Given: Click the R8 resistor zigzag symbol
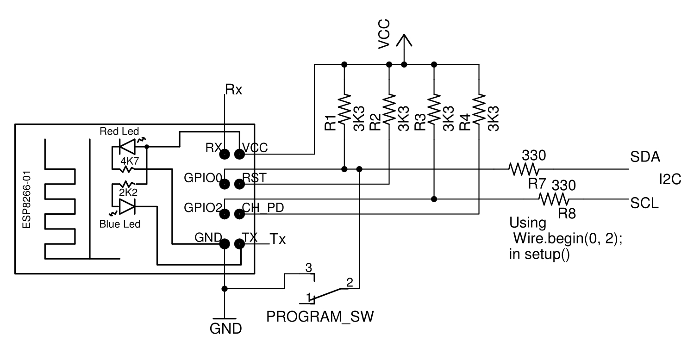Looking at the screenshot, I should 554,199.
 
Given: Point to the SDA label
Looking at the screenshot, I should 644,158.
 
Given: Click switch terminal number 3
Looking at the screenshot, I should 311,267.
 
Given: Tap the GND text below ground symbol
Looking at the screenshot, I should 225,329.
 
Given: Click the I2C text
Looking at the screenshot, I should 670,180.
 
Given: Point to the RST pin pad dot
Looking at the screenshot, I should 239,184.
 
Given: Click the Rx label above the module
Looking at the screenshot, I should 234,89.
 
